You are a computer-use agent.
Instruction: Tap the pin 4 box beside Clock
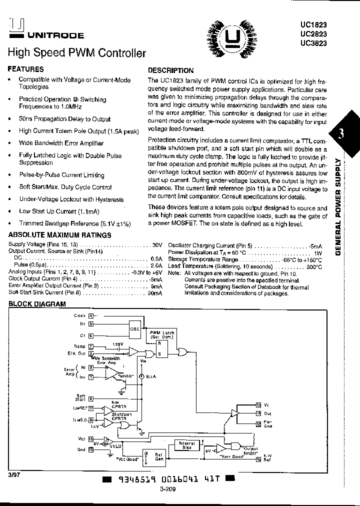[x=91, y=315]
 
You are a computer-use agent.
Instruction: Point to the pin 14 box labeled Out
[x=258, y=412]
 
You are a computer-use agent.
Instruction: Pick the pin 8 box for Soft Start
[x=91, y=398]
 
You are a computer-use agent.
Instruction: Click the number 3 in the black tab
[x=341, y=133]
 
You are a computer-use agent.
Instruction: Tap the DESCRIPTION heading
[x=171, y=70]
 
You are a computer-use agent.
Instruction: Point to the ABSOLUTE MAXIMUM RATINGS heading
[x=60, y=235]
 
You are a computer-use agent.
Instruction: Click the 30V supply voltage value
[x=157, y=245]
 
